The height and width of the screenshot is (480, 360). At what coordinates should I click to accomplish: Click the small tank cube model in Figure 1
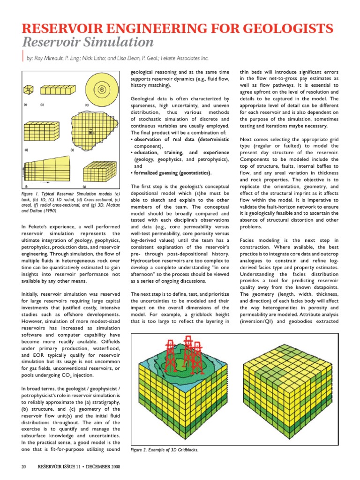point(30,90)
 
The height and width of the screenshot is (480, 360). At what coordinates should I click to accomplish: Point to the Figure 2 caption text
point(164,450)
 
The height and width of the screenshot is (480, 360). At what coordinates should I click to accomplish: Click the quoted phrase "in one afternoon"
point(180,271)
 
